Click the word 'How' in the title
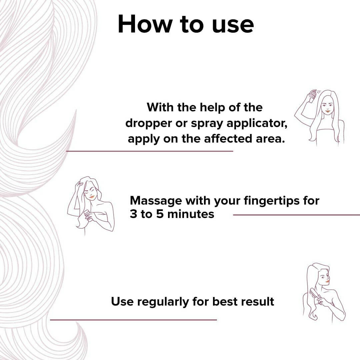click(145, 24)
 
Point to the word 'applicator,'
click(257, 124)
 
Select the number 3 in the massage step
click(133, 214)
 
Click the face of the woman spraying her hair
click(327, 106)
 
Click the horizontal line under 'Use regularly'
click(133, 320)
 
